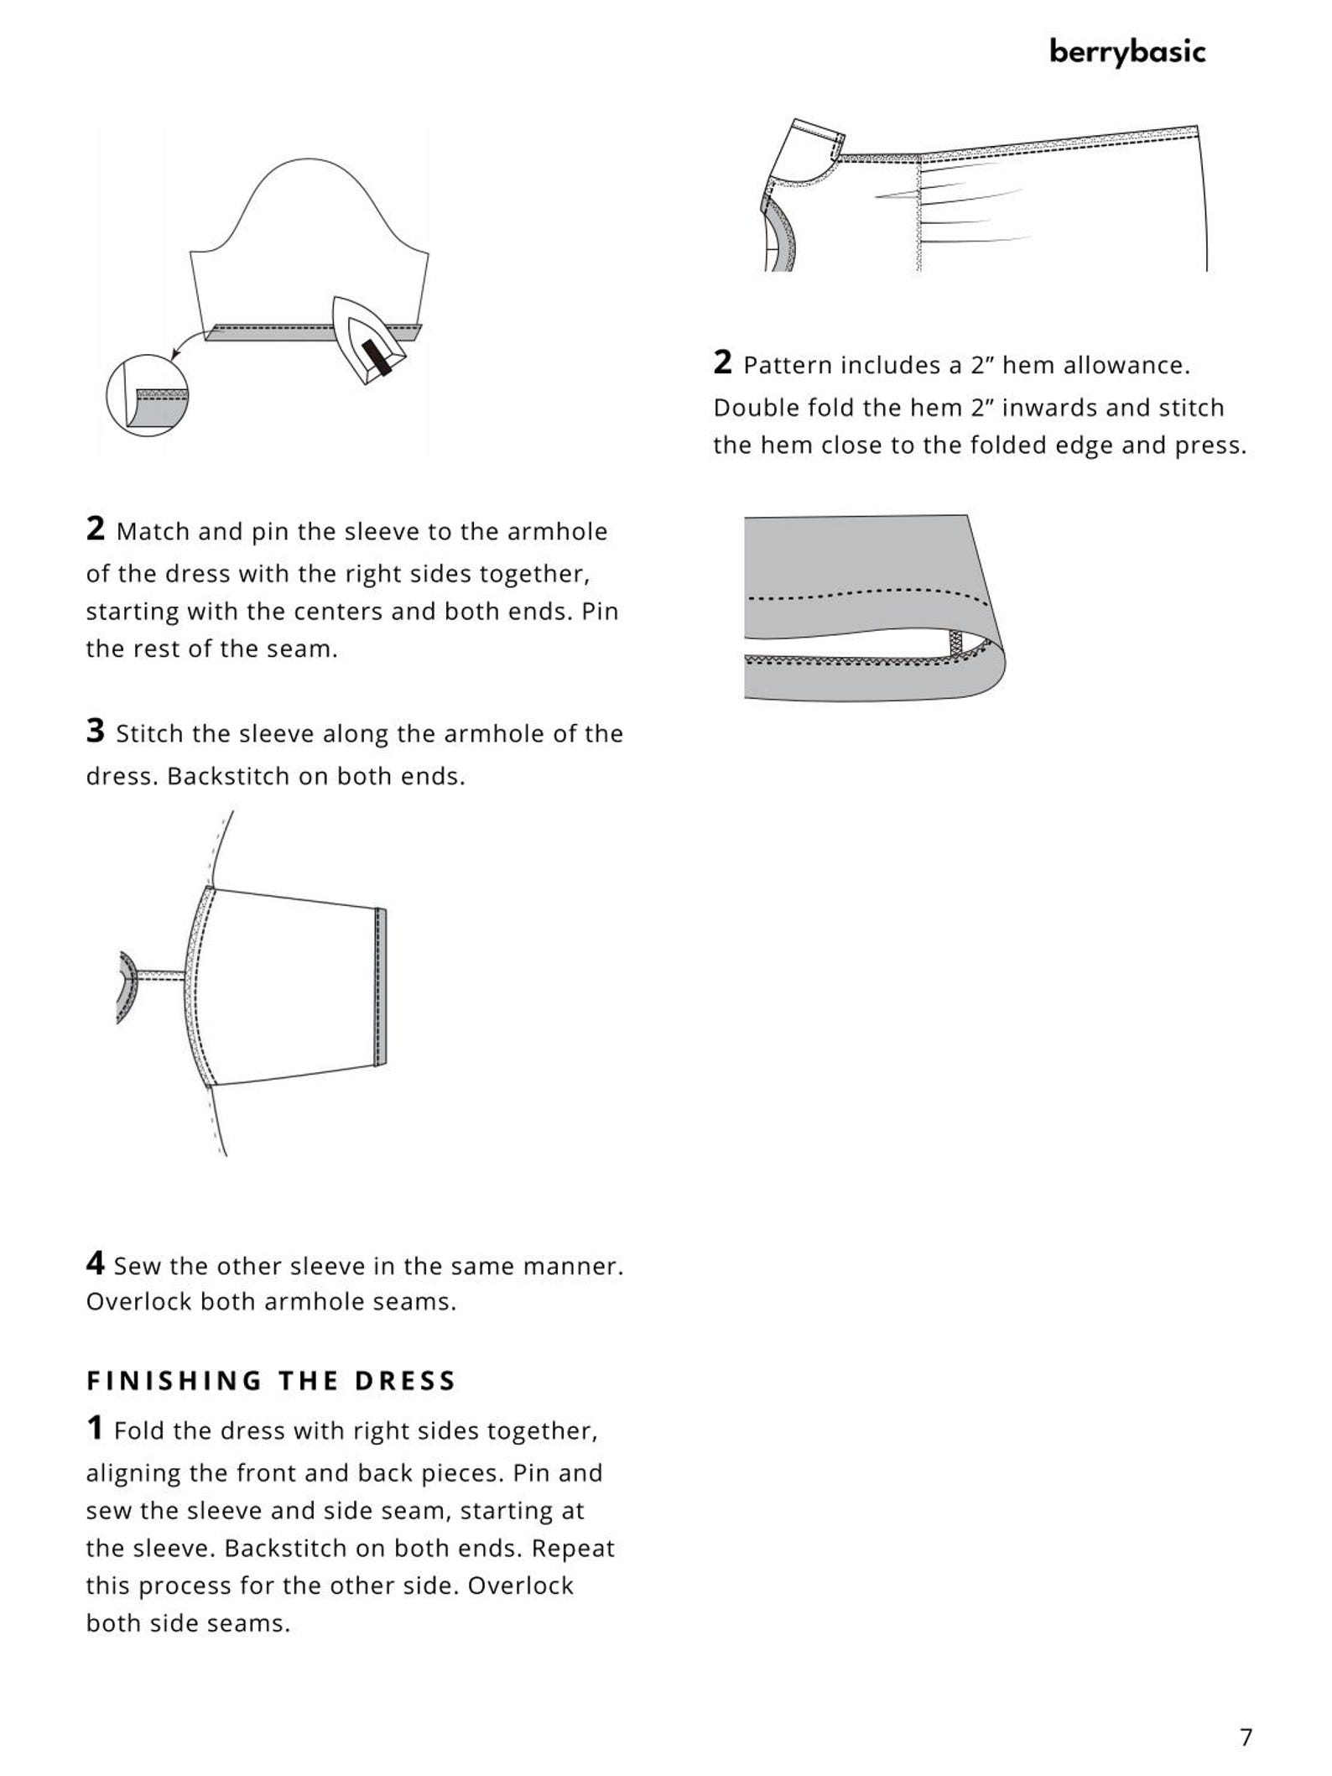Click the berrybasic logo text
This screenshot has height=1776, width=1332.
[1127, 52]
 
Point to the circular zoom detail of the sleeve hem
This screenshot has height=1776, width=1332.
[147, 395]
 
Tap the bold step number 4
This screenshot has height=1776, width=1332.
[95, 1263]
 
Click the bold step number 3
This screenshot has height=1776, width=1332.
[95, 731]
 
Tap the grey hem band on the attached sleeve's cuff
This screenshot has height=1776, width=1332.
[381, 987]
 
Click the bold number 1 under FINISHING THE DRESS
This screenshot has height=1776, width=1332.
[95, 1428]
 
